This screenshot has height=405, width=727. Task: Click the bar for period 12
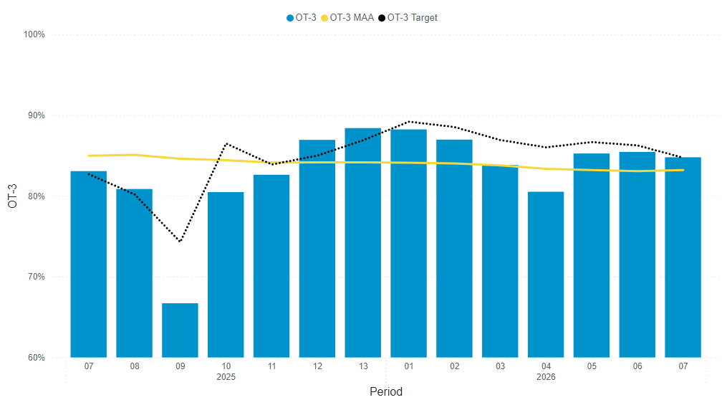[x=317, y=248]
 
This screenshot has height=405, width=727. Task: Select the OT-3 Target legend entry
[x=412, y=18]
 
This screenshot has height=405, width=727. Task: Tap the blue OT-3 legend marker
[x=290, y=18]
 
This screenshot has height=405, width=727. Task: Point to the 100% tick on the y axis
[x=34, y=34]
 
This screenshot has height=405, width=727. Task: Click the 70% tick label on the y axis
[x=36, y=277]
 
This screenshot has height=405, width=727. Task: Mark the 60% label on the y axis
[x=36, y=358]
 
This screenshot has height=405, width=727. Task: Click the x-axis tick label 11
[x=271, y=366]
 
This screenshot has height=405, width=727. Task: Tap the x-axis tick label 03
[x=500, y=366]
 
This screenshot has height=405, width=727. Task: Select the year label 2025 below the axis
[x=226, y=377]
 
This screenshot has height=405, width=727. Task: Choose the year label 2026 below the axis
[x=546, y=377]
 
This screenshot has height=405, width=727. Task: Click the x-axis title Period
[x=385, y=392]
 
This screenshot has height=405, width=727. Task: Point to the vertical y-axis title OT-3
[x=12, y=196]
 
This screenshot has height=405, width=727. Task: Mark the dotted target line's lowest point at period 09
[x=180, y=242]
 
